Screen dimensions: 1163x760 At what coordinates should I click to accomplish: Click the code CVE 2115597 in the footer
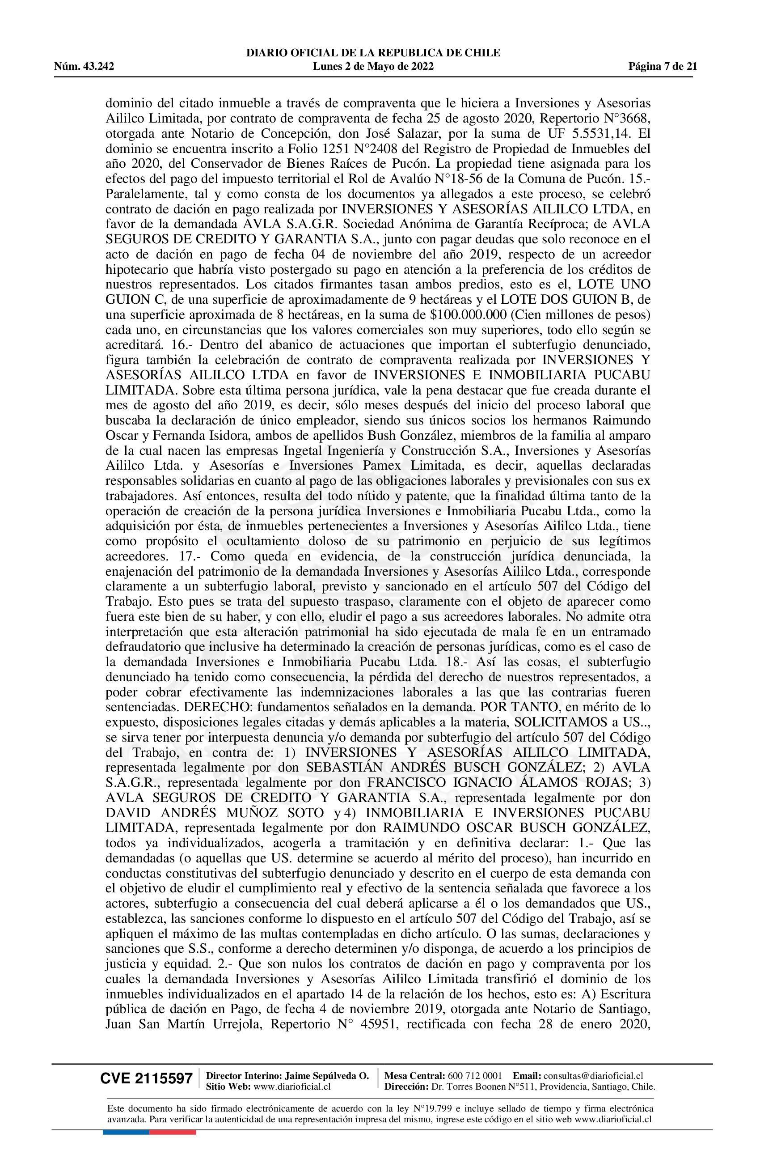tap(146, 1078)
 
